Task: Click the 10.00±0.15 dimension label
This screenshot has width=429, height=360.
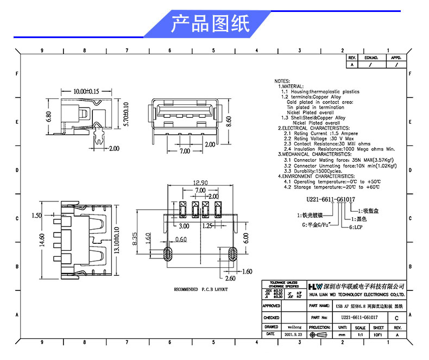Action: tap(85, 92)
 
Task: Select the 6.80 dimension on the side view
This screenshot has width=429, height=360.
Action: tap(49, 116)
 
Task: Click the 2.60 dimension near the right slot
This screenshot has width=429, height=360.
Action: tap(230, 278)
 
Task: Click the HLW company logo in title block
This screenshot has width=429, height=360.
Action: tap(315, 286)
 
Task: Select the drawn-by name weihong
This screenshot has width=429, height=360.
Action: tap(294, 327)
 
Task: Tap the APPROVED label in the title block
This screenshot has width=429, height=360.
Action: tap(271, 306)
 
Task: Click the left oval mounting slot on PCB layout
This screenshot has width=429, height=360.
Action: tap(168, 254)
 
